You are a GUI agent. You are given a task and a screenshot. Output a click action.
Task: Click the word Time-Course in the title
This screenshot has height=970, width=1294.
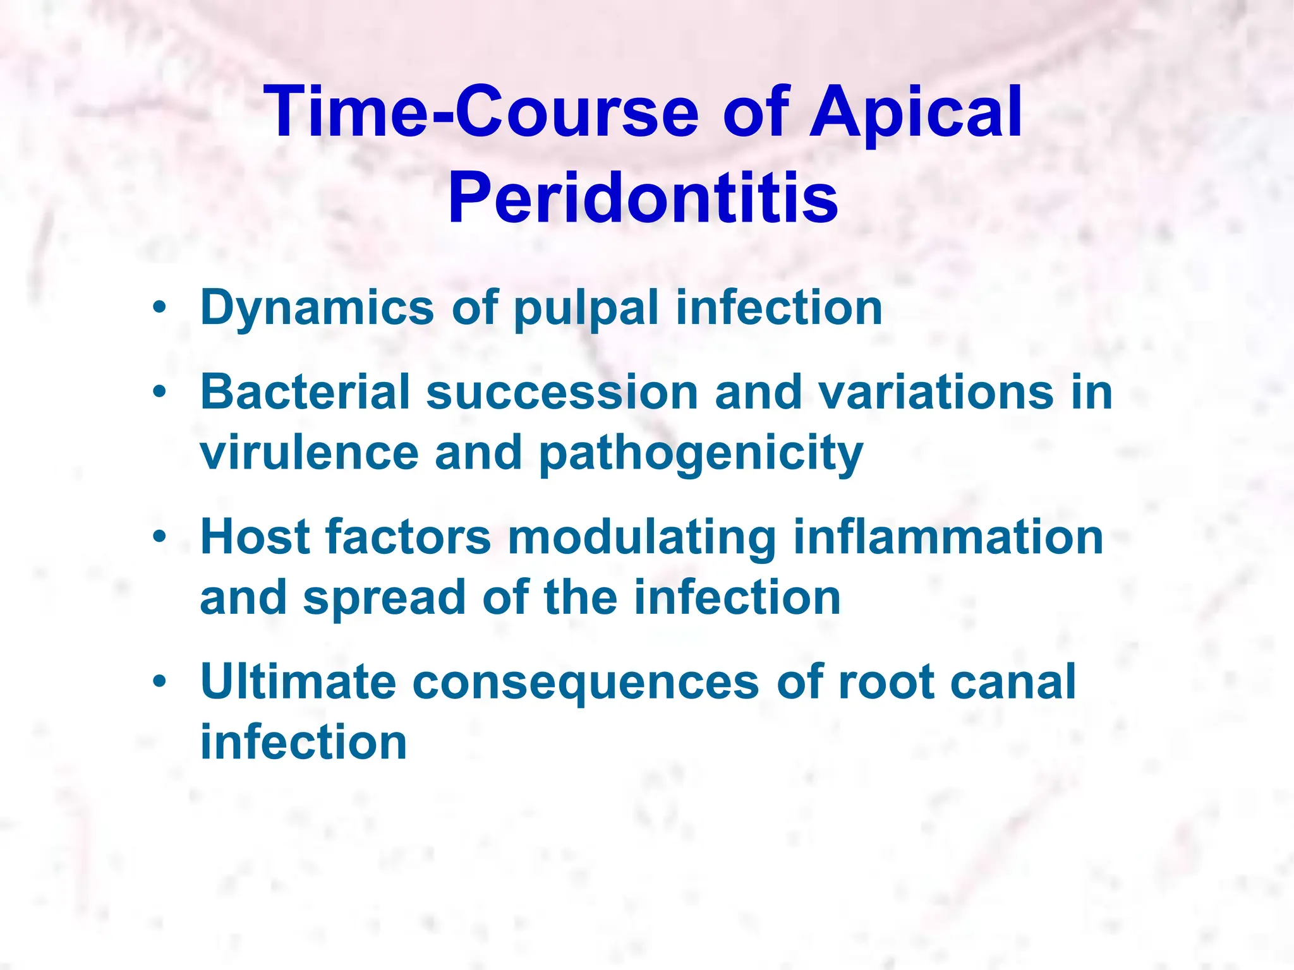pos(482,112)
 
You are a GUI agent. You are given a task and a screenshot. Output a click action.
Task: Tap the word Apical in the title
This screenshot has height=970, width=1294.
pos(916,112)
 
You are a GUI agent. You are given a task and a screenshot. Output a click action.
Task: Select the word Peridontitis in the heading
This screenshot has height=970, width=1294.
pos(643,197)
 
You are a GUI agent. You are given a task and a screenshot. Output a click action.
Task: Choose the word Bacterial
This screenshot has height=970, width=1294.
pos(305,392)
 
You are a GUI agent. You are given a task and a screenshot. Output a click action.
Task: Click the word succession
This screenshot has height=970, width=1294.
pos(562,392)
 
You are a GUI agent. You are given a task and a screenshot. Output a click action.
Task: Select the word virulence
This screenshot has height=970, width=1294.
pos(309,452)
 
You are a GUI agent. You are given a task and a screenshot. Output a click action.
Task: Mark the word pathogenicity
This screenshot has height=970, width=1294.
pos(701,453)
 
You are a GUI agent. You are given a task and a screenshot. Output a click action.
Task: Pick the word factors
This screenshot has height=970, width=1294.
pos(408,537)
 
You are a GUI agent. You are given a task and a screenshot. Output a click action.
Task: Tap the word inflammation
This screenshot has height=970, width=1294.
pos(948,537)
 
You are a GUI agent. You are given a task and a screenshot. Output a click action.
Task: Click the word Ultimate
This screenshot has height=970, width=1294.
pos(298,681)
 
